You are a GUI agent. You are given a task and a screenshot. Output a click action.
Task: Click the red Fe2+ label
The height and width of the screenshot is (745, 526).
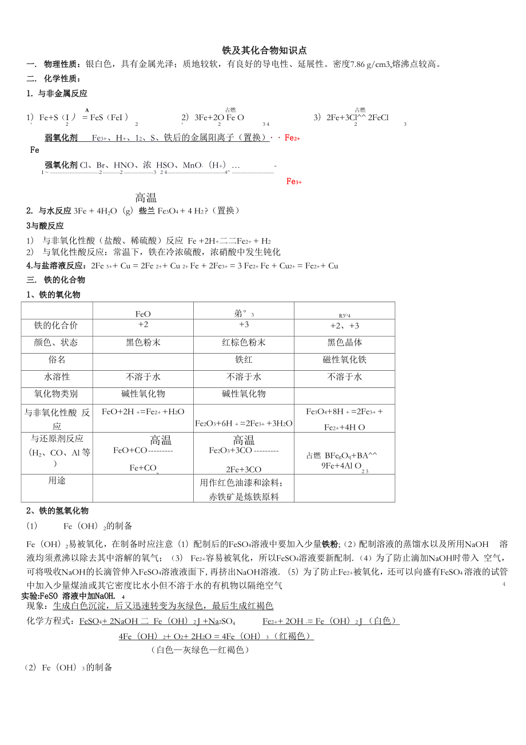[x=292, y=138]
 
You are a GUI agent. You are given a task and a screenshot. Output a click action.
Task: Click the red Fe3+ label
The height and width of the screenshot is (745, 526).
[x=294, y=181]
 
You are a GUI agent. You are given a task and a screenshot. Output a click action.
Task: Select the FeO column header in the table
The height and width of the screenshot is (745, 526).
[x=143, y=314]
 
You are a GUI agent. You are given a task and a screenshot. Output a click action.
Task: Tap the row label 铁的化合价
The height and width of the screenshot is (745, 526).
[x=56, y=326]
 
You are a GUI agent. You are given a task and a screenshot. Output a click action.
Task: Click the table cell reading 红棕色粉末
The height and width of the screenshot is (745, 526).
[x=244, y=343]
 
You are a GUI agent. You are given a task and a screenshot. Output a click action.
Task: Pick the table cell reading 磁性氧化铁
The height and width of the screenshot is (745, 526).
[x=344, y=360]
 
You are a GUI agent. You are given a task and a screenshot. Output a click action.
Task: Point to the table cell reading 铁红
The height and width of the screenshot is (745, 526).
[x=244, y=360]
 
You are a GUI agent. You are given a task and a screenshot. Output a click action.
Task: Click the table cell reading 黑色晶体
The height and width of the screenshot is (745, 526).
[x=344, y=343]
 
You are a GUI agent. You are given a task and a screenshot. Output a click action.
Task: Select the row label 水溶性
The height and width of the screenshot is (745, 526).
[x=56, y=377]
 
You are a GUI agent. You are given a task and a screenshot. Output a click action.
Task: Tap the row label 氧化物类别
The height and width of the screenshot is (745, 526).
[x=56, y=394]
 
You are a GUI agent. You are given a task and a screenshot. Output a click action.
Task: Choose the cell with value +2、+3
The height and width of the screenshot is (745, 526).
[x=344, y=326]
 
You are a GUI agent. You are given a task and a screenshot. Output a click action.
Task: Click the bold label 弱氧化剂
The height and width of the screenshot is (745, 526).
[x=61, y=137]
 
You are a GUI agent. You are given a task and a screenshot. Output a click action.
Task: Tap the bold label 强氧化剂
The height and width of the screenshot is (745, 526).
[x=61, y=165]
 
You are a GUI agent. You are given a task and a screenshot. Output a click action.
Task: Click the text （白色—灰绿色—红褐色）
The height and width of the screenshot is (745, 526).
[x=201, y=650]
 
